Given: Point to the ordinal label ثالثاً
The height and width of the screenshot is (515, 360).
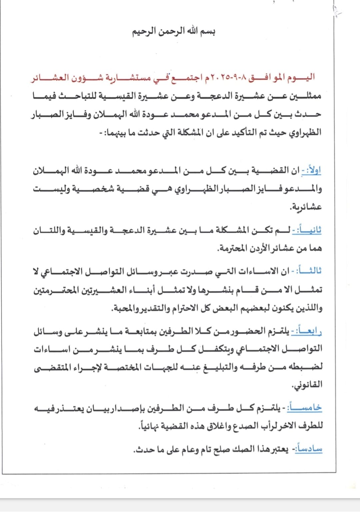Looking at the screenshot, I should click(309, 271).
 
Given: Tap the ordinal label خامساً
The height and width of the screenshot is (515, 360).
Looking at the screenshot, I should click(307, 407).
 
